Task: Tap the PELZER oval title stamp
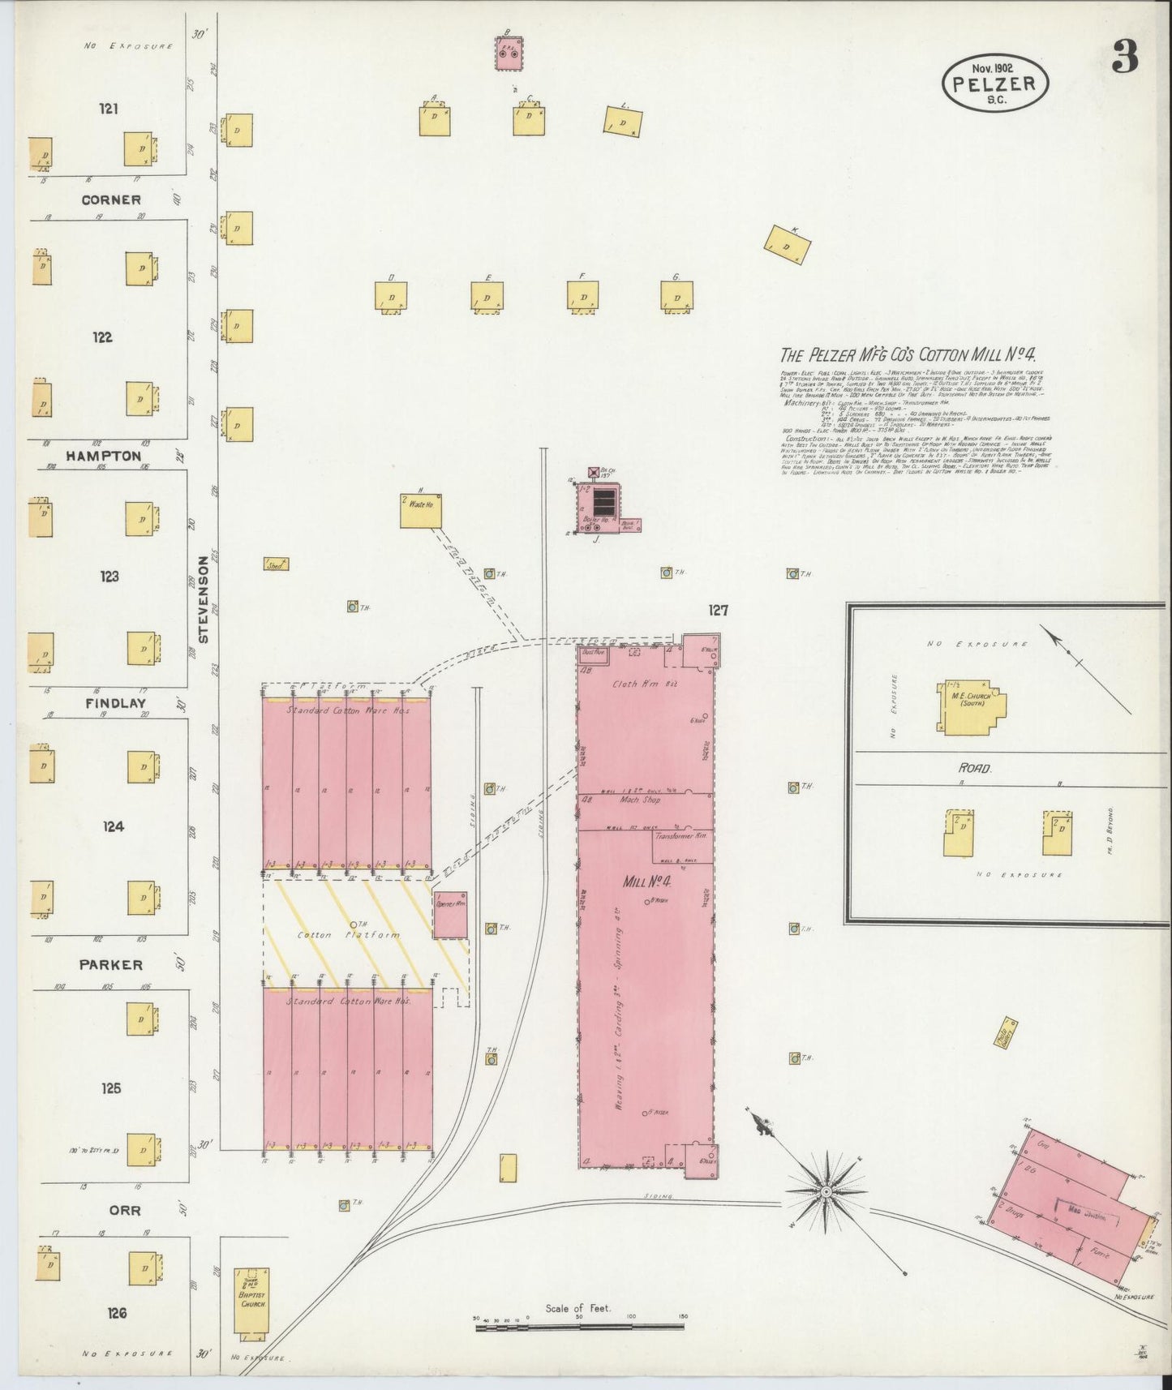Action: (x=995, y=84)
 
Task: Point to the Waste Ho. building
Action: (x=420, y=511)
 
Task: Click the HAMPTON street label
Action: (x=104, y=457)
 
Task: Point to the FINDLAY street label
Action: (x=114, y=704)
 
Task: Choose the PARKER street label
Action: (x=111, y=964)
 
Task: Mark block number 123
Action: (x=109, y=577)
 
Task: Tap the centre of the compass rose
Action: (x=825, y=1191)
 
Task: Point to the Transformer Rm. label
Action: (x=680, y=834)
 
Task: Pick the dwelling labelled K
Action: (x=788, y=244)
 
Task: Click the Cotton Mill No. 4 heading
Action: (x=909, y=354)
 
